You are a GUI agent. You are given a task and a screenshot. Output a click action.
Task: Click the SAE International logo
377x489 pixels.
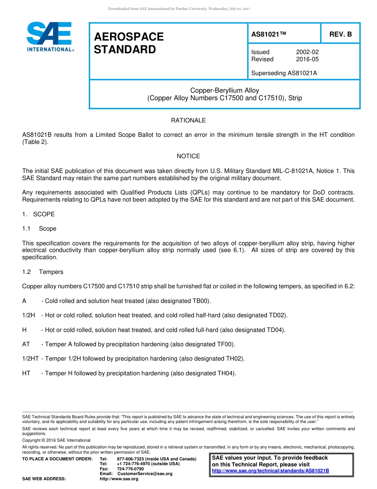[x=50, y=37]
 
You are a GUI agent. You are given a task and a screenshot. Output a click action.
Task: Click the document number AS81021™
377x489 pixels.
[x=269, y=35]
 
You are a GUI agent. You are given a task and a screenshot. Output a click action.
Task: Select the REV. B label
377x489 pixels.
[x=340, y=35]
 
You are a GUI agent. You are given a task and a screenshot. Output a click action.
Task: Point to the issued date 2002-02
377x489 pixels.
[x=307, y=52]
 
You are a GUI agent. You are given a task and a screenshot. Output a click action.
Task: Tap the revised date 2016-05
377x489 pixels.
[x=307, y=59]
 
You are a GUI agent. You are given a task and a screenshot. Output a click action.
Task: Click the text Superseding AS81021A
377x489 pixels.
[x=284, y=73]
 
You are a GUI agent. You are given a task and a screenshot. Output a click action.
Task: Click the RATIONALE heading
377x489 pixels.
[x=188, y=120]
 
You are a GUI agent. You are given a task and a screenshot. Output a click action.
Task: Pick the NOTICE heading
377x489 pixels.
[x=188, y=156]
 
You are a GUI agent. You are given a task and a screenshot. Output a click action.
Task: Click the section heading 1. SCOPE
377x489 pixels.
[x=38, y=214]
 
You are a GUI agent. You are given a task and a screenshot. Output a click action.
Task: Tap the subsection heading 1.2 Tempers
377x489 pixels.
[x=43, y=272]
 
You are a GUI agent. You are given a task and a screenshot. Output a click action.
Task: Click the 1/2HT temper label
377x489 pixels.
[x=30, y=359]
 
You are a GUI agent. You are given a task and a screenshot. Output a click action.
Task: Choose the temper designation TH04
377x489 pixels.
[x=226, y=373]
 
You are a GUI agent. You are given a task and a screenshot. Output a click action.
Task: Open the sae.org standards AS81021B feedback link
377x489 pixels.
[x=270, y=471]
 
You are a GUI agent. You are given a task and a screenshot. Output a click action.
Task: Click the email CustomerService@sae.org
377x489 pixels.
[x=145, y=473]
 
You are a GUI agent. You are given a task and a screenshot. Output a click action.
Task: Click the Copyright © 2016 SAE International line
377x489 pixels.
[x=56, y=440]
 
